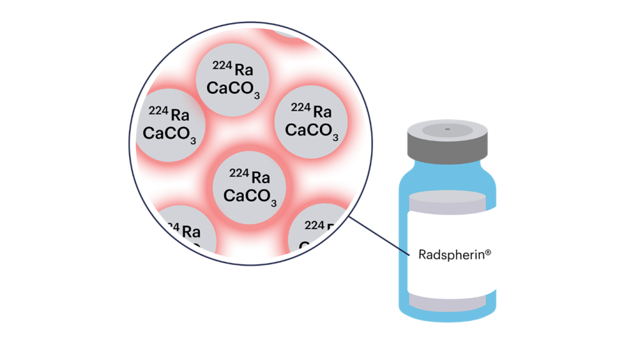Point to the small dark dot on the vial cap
[x=447, y=129]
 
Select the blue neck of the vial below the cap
[x=447, y=164]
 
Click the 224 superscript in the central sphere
[x=239, y=173]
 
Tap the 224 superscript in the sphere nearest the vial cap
[x=301, y=107]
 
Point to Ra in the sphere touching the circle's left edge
[x=180, y=115]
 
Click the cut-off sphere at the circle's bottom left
[x=184, y=234]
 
